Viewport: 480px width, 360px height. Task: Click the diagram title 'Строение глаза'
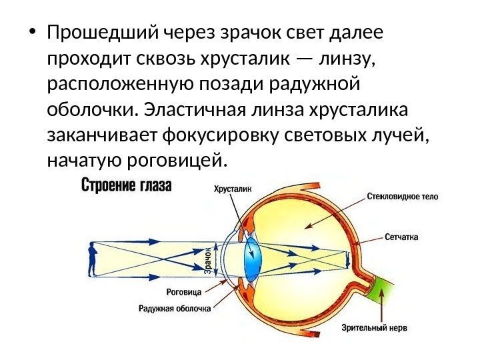(127, 185)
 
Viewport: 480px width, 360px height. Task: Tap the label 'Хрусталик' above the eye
(233, 189)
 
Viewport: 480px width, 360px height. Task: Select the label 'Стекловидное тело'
(402, 197)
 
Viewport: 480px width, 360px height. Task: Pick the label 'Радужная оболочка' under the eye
(175, 308)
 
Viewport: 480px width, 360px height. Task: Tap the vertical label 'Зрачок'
(207, 260)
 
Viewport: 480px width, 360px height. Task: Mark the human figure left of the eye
(92, 259)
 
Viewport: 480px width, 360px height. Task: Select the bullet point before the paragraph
(32, 33)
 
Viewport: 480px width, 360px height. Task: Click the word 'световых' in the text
(329, 135)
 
